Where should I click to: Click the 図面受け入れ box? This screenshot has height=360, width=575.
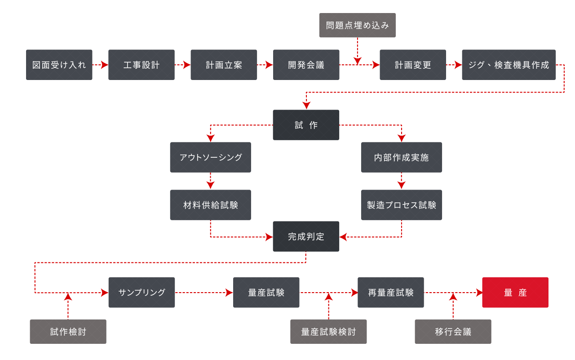click(59, 65)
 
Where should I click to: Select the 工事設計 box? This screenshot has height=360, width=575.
click(142, 65)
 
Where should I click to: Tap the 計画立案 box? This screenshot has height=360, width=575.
click(224, 65)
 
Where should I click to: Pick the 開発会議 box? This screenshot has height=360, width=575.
click(306, 65)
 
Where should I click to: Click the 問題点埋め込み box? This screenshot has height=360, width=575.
click(357, 25)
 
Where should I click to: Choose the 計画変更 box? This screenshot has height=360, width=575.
click(413, 65)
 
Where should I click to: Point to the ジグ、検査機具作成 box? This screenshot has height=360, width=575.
click(509, 65)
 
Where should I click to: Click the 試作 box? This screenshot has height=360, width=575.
click(306, 125)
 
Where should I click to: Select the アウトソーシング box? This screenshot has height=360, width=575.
click(210, 157)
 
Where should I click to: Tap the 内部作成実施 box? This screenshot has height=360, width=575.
click(402, 157)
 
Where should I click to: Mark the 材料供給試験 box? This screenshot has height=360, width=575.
click(210, 205)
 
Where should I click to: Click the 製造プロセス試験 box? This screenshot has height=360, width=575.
click(402, 205)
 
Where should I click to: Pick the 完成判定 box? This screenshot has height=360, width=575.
click(306, 236)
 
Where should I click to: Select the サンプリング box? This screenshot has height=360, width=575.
click(142, 292)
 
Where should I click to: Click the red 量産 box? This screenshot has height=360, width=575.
click(515, 292)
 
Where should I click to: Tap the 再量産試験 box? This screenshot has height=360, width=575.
click(390, 292)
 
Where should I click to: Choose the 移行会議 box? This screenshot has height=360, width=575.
click(453, 332)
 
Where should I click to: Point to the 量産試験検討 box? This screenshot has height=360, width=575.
click(328, 332)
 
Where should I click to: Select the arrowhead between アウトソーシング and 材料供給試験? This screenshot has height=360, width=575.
click(210, 185)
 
